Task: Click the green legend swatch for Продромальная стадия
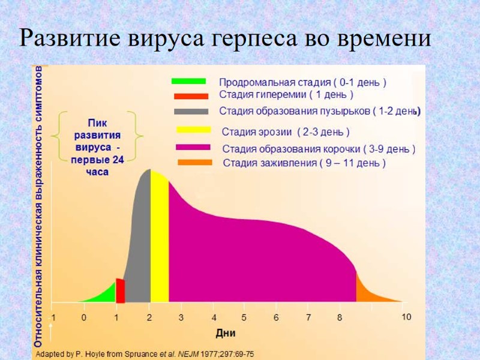click(188, 81)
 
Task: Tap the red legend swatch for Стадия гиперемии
click(190, 95)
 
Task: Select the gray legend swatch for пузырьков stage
click(191, 111)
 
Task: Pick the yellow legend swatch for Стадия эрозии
click(193, 130)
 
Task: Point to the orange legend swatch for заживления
click(195, 162)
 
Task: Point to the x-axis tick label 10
click(406, 317)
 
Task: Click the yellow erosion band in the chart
click(160, 240)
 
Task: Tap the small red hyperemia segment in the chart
click(120, 291)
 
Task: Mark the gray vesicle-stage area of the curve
click(140, 240)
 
